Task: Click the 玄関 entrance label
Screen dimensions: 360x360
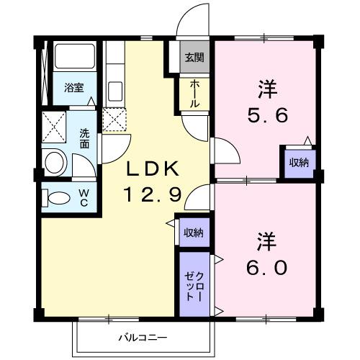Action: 189,58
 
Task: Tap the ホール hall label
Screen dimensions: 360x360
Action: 195,94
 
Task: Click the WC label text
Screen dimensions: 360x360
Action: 84,197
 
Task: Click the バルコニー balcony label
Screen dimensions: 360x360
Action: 143,337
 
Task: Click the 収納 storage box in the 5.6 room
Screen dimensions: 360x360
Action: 299,162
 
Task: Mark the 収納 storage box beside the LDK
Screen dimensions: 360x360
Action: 192,232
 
